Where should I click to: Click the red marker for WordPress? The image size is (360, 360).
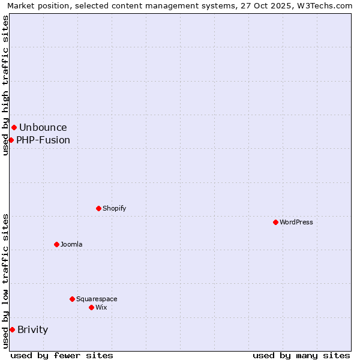coord(275,222)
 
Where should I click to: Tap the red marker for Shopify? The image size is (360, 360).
coord(98,208)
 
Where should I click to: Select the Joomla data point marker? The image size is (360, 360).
coord(56,244)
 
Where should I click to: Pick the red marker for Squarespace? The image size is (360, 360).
coord(72,299)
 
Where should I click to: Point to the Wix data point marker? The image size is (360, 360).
coord(91,307)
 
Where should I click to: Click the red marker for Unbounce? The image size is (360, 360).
coord(14,127)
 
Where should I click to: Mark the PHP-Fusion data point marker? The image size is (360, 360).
coord(11,140)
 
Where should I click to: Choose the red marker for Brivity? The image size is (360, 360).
coord(12,329)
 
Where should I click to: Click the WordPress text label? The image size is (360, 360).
coord(296,222)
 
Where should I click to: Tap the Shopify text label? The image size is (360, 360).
coord(115,208)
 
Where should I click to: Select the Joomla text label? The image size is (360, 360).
coord(71,244)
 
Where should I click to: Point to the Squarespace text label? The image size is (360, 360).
coord(97,299)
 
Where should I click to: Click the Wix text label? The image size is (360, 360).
coord(101,307)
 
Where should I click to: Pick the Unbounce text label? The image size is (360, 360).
coord(43,127)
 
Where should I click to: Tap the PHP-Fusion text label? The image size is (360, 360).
coord(43,140)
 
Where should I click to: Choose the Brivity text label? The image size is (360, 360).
coord(33,329)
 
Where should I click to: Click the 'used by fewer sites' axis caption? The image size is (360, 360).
coord(62,355)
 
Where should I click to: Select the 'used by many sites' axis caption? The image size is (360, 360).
coord(301,355)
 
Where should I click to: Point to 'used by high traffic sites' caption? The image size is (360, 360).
coord(6,85)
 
